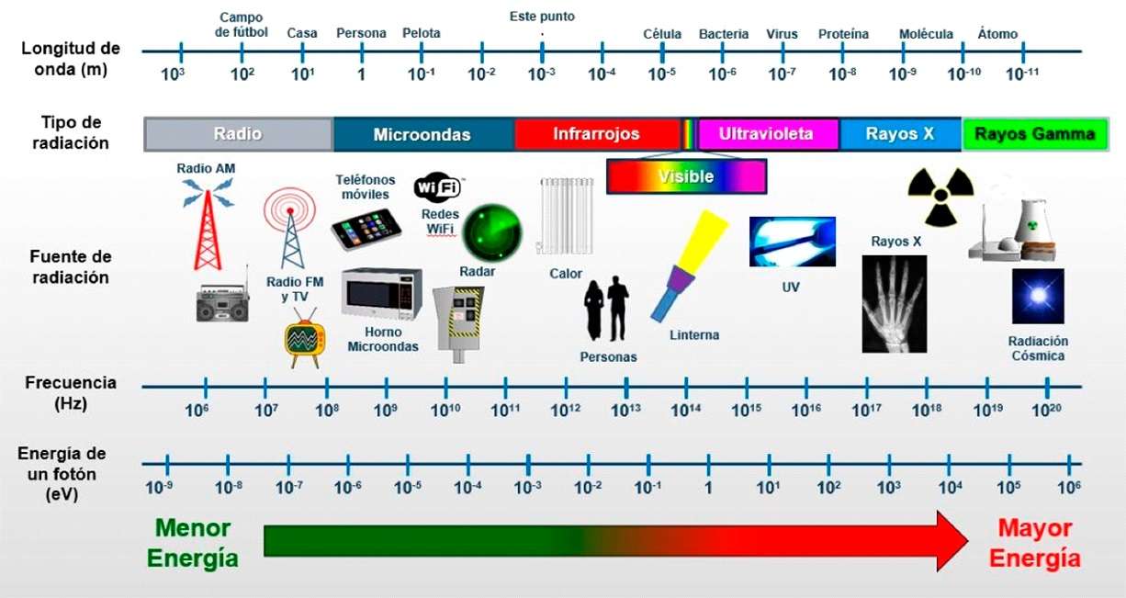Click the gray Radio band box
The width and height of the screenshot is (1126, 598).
coord(238,134)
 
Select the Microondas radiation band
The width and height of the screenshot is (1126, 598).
coord(422,134)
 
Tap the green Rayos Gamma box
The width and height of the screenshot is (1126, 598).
coord(1035,134)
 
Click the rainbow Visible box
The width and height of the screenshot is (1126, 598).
coord(686,175)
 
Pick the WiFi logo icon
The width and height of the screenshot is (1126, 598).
coord(438,188)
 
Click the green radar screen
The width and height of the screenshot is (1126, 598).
coord(491,232)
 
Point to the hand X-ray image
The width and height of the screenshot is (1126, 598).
coord(894,304)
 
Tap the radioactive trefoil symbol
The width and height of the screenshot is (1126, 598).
coord(940,196)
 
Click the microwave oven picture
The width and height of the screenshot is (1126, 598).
coord(381,294)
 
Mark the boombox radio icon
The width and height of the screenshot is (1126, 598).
coord(222,300)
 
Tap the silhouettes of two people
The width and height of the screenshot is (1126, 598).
coord(607,310)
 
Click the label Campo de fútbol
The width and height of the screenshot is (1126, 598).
coord(242,25)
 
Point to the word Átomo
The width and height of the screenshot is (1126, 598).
coord(997,34)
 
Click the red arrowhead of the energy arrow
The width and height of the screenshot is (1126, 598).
coord(951,541)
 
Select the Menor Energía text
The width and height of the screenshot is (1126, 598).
coord(193,543)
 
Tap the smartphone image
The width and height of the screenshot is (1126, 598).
coord(366,228)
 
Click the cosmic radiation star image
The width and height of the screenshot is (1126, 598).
coord(1038,297)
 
